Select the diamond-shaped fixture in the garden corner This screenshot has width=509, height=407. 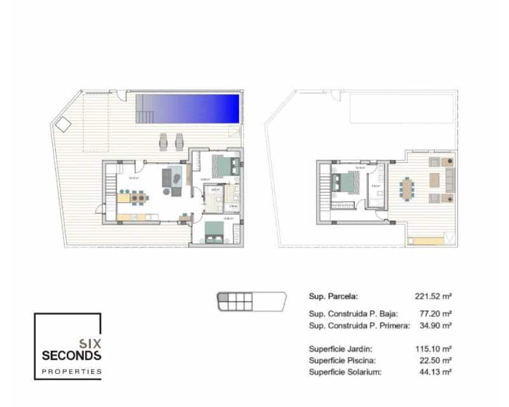tap(63, 124)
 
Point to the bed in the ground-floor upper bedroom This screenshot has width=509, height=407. tap(226, 166)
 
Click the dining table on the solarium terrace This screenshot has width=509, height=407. tap(407, 188)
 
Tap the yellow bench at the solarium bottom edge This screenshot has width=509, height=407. tap(425, 241)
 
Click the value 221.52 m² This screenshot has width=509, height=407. tap(433, 296)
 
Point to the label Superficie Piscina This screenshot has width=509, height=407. tap(340, 360)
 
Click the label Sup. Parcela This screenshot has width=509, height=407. tap(333, 296)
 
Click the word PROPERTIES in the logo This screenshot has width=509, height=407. tap(71, 371)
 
